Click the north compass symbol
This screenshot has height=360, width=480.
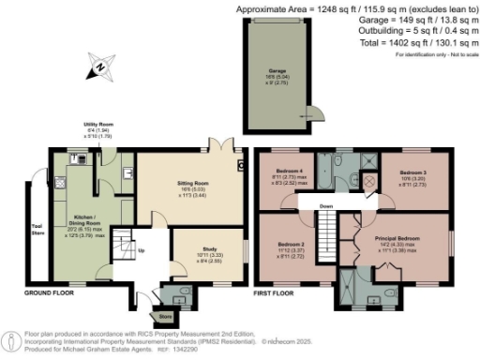pyautogui.click(x=97, y=67)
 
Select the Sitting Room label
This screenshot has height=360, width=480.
pyautogui.click(x=185, y=185)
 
